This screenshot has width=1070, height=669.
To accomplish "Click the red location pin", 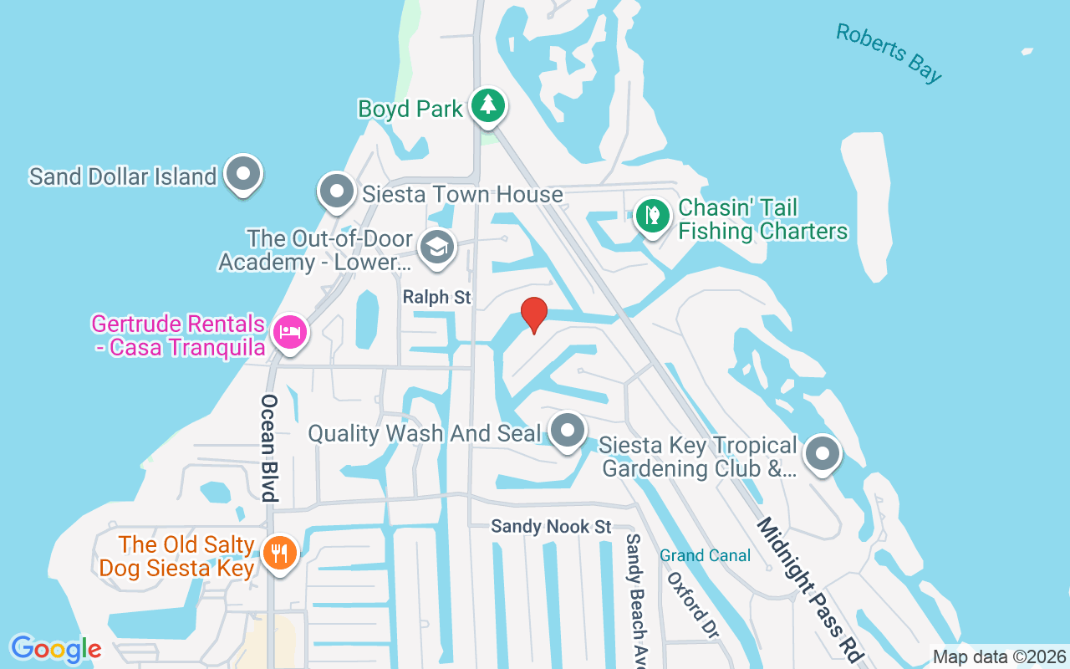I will pos(534,314).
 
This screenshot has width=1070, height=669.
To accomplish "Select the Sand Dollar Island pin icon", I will pos(244,174).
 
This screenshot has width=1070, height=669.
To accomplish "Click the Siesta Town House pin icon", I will pos(338,192).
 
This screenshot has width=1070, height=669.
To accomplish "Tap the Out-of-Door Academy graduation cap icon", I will pos(437,248).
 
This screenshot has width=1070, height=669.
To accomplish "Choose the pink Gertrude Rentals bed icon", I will pos(288,332).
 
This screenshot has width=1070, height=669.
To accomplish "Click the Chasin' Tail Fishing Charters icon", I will pos(652,216).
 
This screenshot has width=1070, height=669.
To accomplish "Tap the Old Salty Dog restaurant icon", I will pos(278,553).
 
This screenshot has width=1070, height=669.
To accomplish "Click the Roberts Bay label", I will pos(889,53).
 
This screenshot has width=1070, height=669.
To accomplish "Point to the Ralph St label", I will pos(437,298).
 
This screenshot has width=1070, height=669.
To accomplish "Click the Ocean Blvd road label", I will pos(268,447).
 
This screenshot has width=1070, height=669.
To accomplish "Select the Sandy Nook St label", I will pos(551,527).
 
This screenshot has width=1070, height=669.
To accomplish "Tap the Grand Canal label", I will pos(705,555).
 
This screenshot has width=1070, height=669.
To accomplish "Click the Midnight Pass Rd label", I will pos(808,589).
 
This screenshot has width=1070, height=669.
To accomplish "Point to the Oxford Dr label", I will pos(692,605).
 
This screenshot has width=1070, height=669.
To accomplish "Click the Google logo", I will pos(56,649).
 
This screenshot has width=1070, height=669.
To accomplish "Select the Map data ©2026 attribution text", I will pos(999,657).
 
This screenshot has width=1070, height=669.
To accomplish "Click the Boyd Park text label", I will pos(410,109).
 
